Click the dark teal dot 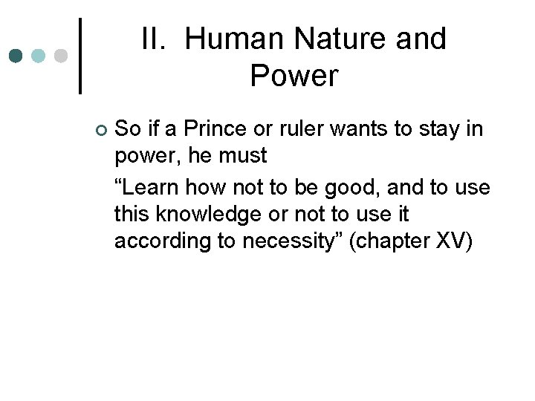coord(16,56)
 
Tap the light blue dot coord(39,56)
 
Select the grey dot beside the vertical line coord(62,56)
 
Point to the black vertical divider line coord(80,56)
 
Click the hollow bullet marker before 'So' coord(102,131)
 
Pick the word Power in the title coord(294,76)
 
